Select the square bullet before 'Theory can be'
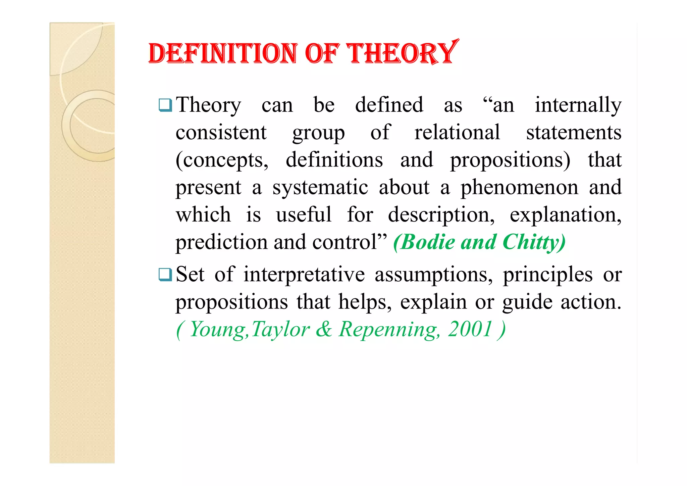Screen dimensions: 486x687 click(165, 105)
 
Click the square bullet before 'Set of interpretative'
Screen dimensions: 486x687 click(165, 275)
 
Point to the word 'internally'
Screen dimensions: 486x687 click(578, 105)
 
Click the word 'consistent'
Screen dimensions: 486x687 click(221, 133)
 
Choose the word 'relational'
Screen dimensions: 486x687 click(457, 133)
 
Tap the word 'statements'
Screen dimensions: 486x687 click(574, 133)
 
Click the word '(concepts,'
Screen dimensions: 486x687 click(222, 160)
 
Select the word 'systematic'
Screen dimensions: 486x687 click(320, 188)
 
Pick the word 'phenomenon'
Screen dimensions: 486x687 click(519, 188)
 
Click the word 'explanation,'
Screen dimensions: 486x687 click(566, 215)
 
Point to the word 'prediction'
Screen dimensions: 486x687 click(221, 242)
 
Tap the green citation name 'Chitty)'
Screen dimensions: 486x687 click(534, 242)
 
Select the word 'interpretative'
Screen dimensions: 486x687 click(304, 275)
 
